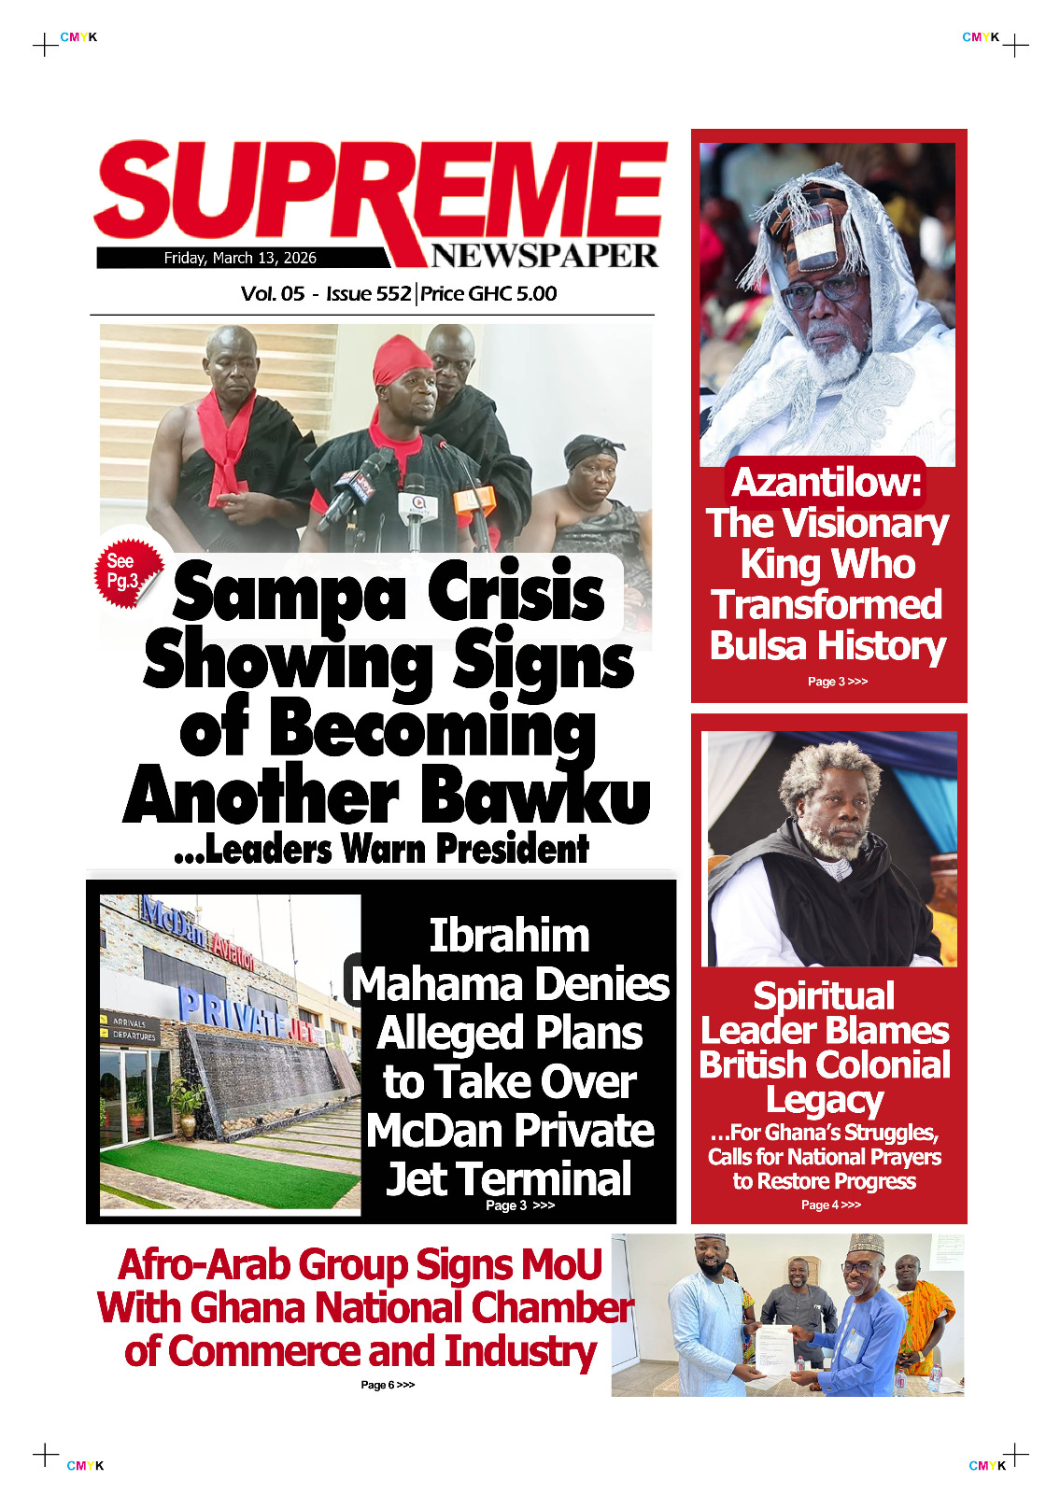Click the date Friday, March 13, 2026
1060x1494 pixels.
tap(240, 258)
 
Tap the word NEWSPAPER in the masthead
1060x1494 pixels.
tap(544, 255)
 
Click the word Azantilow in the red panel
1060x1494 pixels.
tap(827, 483)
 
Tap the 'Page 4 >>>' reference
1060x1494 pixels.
tap(830, 1205)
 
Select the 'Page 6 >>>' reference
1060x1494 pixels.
tap(388, 1385)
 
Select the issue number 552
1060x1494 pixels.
tap(393, 293)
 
